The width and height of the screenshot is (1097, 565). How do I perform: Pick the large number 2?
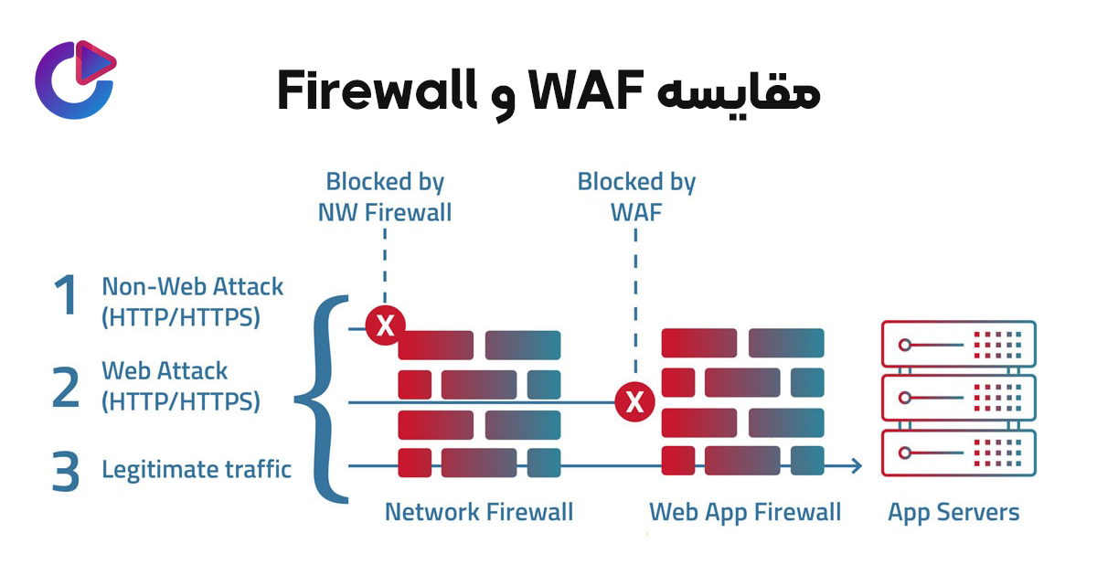[65, 386]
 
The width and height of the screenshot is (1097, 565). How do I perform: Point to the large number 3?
[65, 472]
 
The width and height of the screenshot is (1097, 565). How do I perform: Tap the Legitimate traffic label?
[197, 470]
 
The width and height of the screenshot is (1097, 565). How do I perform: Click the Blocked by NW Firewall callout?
[385, 197]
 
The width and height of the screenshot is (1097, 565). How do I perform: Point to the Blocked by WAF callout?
[636, 197]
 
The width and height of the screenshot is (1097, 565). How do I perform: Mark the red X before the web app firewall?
[635, 401]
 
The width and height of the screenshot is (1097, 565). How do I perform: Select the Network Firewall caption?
[479, 512]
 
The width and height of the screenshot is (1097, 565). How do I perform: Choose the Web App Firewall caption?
[745, 512]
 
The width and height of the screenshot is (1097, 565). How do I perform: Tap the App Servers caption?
[953, 512]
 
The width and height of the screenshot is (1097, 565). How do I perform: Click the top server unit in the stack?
[958, 345]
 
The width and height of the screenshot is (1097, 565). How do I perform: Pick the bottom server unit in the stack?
[958, 453]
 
